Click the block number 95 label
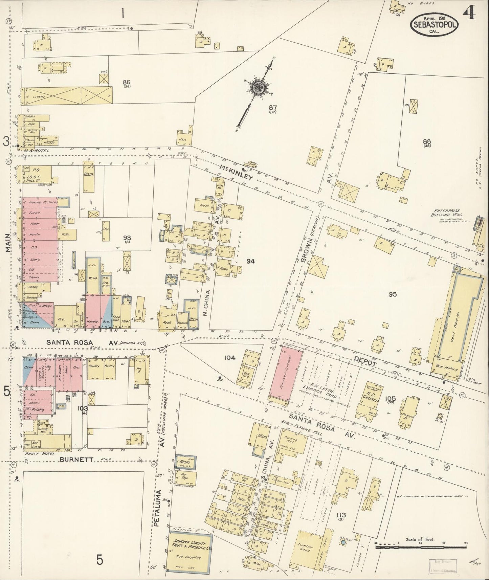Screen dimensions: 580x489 (x=392, y=294)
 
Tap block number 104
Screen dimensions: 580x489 (x=230, y=358)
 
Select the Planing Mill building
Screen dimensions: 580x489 (x=290, y=440)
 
